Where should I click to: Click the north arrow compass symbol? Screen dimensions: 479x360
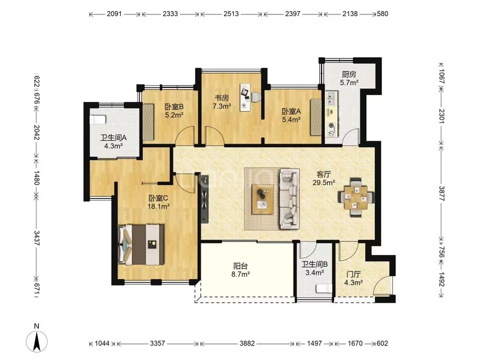point(36,341)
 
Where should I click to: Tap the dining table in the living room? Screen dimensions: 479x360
point(356,198)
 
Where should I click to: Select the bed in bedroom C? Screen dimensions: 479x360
point(141,245)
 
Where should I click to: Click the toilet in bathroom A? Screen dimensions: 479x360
point(98,119)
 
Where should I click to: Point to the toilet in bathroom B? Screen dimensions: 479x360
point(323,288)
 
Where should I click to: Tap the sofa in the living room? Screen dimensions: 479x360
point(289,199)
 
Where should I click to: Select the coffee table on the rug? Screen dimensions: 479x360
point(263,199)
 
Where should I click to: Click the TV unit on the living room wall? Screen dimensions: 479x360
point(205,199)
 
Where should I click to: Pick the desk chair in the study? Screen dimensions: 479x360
point(256,97)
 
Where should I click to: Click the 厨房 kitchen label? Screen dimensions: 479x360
point(349,75)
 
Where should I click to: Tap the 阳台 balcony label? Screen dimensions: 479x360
point(241,266)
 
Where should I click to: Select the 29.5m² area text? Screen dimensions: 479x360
point(324,183)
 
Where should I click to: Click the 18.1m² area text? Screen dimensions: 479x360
point(159,207)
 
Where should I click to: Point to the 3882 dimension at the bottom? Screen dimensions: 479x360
point(247,343)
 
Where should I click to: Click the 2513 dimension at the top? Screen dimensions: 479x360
point(231,14)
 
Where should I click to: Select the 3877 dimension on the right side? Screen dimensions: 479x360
point(441,193)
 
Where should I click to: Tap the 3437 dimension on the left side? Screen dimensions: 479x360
point(36,238)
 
